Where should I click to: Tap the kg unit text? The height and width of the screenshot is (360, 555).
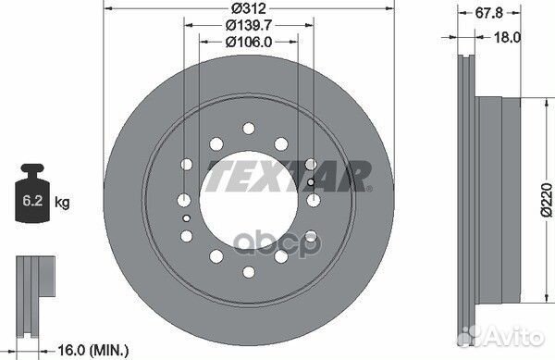coord(61,201)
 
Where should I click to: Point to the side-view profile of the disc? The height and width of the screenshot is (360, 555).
coord(481,194)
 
